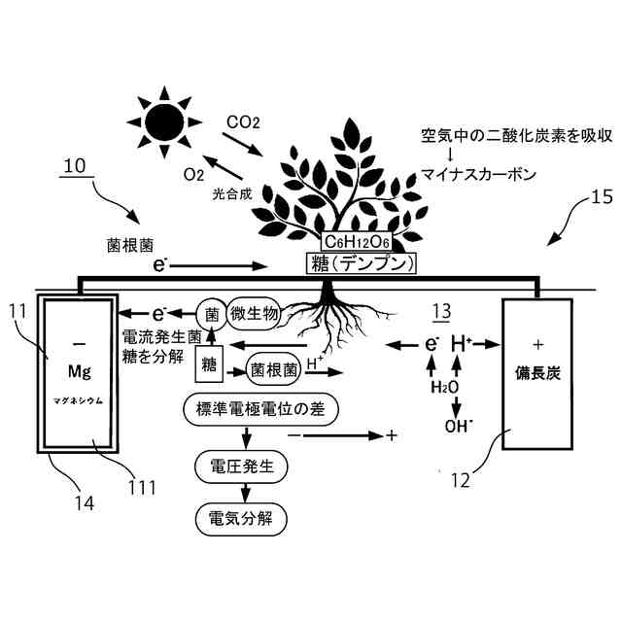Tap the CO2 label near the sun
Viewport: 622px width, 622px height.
click(243, 122)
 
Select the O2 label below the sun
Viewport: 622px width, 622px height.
click(194, 175)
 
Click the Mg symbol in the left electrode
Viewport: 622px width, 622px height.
click(79, 372)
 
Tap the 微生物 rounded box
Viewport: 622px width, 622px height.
click(255, 313)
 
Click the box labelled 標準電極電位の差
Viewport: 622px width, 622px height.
click(259, 409)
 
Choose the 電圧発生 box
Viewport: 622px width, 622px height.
click(242, 466)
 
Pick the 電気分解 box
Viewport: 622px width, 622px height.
click(242, 518)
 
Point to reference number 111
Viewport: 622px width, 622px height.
click(142, 486)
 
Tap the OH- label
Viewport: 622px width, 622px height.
click(457, 425)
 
